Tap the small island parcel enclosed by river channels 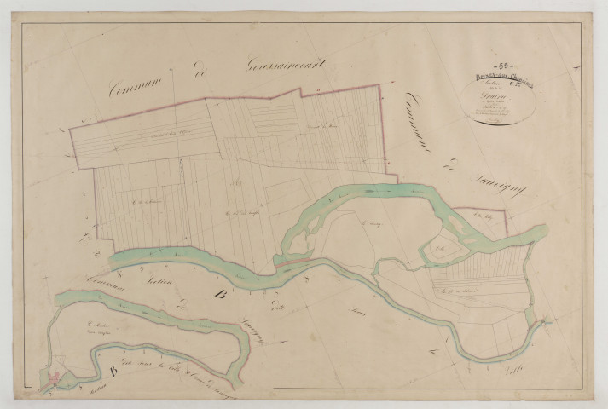444,247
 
